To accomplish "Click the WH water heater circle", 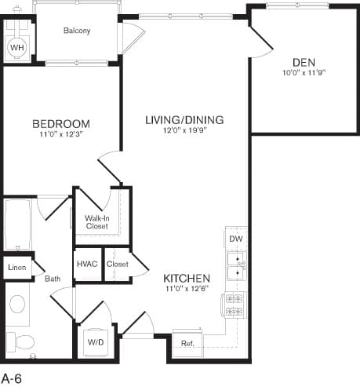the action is coord(17,48).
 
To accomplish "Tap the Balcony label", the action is coord(77,31).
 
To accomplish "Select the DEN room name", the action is coord(304,63).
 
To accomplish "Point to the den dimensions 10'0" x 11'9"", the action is coord(304,72).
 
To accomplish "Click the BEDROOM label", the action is coord(61,124).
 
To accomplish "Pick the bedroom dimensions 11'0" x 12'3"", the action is coord(61,134).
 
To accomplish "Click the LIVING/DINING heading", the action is coord(184,120).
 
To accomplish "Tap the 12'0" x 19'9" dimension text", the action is coord(185,130).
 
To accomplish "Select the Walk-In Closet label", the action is coord(97,222).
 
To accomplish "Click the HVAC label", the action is coord(87,264).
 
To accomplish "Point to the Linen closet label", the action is coord(17,268).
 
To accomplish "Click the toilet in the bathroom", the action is coord(20,341).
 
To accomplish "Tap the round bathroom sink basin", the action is coord(17,304).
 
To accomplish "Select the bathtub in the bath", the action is coord(18,225).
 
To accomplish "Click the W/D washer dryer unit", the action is coord(96,342).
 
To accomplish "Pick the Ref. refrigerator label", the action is coord(187,343).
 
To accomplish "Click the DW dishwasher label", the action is coord(236,239).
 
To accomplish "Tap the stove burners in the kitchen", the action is coord(235,305).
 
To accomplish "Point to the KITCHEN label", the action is coord(187,279).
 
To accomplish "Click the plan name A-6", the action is coord(12,378).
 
